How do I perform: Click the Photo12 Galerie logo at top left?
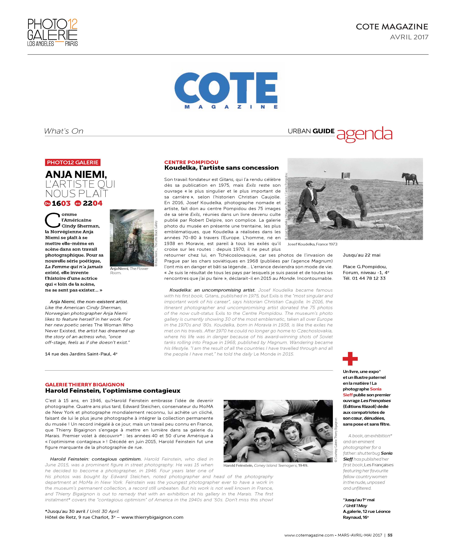point(53,32)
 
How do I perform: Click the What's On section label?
point(64,131)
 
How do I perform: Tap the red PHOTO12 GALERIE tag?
point(72,162)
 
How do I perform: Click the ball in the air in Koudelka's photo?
point(325,171)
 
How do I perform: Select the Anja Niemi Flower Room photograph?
point(132,238)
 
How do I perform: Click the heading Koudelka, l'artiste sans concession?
point(221,168)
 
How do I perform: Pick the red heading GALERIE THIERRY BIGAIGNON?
point(85,384)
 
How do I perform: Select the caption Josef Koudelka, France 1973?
point(312,244)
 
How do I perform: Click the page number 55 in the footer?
point(390,535)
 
